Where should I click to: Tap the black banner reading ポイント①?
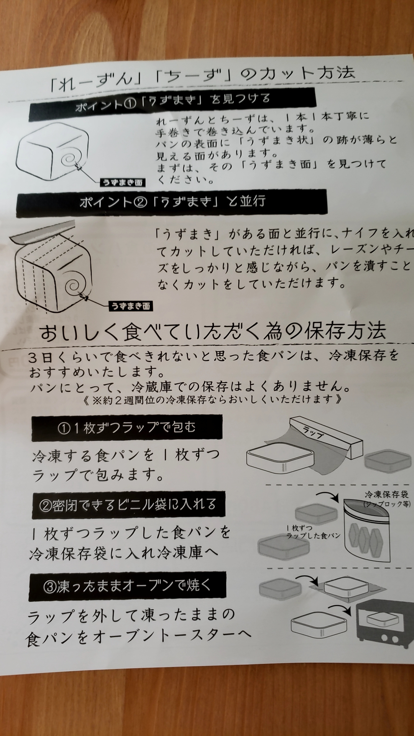coord(173,101)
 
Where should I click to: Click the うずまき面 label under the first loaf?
coord(122,182)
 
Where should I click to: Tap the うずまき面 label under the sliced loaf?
coord(131,306)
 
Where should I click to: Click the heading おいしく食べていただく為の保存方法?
coord(213,332)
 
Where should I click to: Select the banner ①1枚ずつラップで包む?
coord(127,427)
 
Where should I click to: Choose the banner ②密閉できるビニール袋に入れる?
coord(128,505)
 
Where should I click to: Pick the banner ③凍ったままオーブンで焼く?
coord(127,586)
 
